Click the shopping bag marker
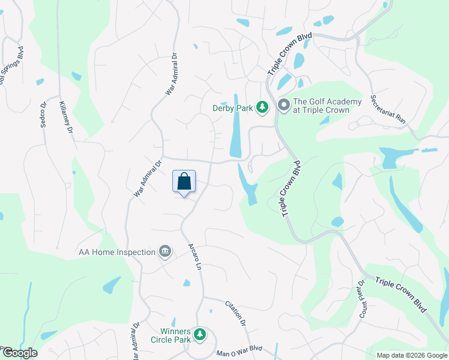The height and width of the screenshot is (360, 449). click(184, 182)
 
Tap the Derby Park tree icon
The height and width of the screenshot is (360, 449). click(262, 107)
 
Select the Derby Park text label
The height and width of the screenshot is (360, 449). click(232, 109)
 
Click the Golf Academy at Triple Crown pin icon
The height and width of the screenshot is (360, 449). click(284, 106)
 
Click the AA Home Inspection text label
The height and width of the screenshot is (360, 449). click(117, 252)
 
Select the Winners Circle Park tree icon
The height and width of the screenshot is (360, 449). click(200, 335)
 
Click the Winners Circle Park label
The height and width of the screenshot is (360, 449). click(175, 335)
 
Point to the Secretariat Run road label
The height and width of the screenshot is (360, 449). click(388, 109)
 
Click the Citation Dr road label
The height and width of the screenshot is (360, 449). click(236, 313)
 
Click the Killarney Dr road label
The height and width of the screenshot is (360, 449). click(66, 117)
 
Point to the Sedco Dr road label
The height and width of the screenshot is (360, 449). click(44, 113)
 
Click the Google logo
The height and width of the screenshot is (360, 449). click(19, 353)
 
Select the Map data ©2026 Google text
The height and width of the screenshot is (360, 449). click(411, 355)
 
